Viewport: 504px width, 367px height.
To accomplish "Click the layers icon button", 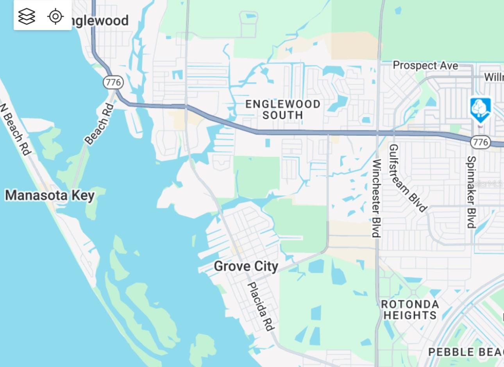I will [x=27, y=16].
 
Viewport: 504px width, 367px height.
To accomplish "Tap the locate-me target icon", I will [x=55, y=16].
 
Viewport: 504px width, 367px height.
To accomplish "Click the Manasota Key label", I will [x=50, y=195].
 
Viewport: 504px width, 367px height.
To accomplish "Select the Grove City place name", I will [x=246, y=266].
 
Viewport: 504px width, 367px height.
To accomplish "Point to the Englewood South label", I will [x=282, y=110].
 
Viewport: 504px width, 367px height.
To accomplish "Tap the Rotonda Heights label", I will [x=410, y=309].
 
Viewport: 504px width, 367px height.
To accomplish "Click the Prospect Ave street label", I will [x=425, y=65].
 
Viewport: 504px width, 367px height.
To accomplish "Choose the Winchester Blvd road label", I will [x=376, y=198].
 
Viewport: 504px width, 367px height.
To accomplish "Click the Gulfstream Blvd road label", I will [x=407, y=178].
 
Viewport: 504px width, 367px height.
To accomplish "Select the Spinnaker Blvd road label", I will [x=472, y=192].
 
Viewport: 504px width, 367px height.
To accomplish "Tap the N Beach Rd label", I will [x=15, y=129].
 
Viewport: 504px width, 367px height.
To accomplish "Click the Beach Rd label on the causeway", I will [x=99, y=124].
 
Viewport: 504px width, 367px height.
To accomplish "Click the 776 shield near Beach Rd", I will [x=113, y=82].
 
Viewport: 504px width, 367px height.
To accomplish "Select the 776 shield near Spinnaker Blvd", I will [x=480, y=142].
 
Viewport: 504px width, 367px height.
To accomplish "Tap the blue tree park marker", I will [x=480, y=110].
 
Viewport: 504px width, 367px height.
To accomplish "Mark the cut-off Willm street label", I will [x=494, y=77].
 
